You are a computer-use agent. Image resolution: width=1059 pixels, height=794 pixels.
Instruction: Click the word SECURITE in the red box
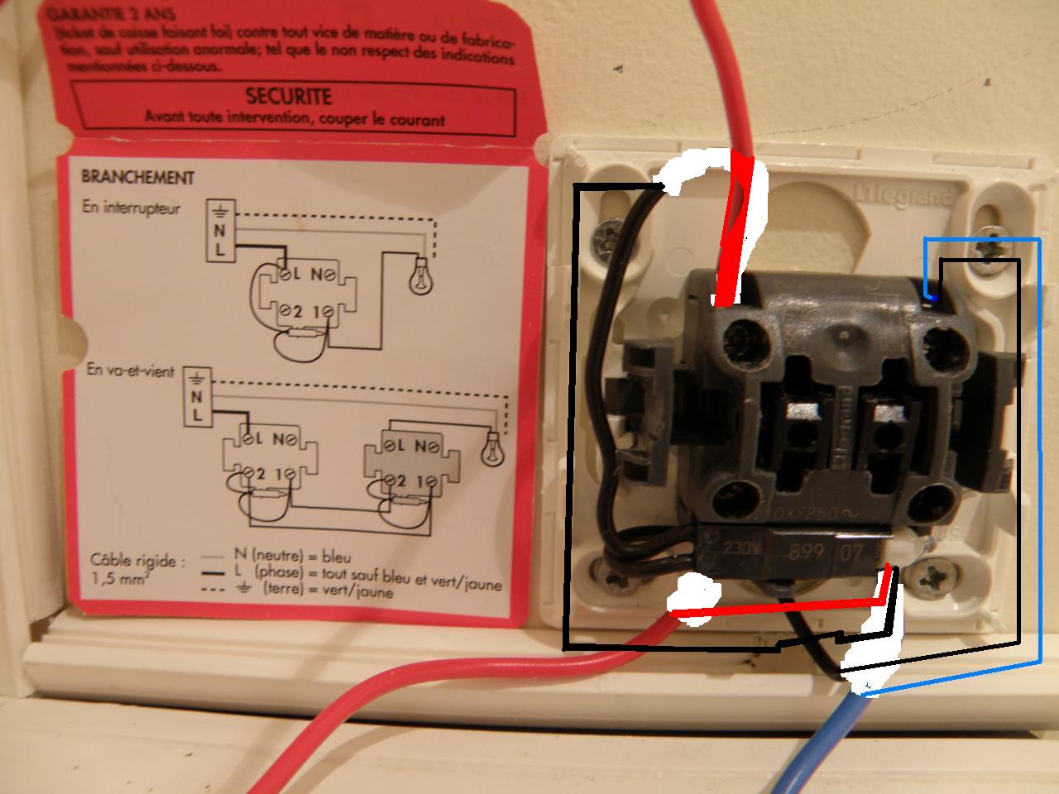289,97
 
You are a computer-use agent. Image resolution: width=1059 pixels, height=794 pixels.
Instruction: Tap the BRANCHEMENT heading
137,177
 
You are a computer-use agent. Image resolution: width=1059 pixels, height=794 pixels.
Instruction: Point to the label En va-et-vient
131,371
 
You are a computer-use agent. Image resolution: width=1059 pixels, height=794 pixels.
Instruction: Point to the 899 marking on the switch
802,550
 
